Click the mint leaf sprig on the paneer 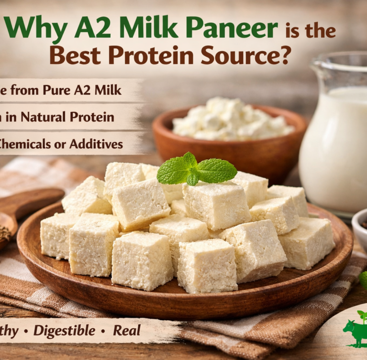click(196, 169)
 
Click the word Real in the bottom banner click(127, 330)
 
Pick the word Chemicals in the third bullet click(26, 143)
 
